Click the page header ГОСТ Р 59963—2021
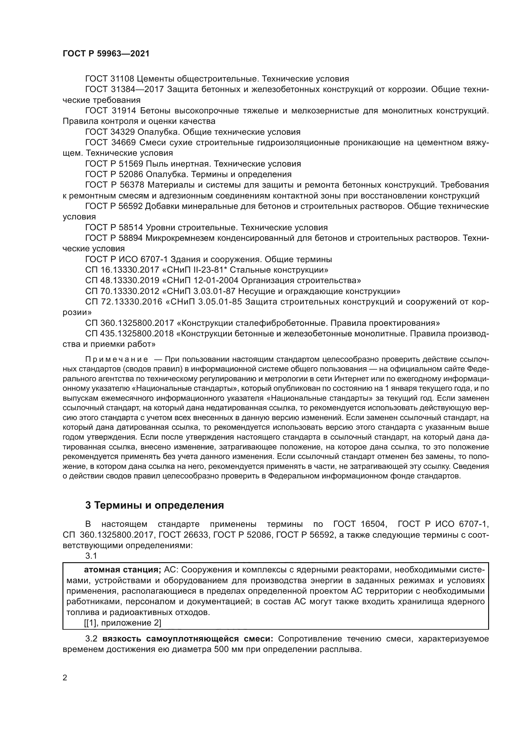(x=106, y=54)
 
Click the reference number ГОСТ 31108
(x=109, y=79)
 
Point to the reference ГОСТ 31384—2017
(x=124, y=90)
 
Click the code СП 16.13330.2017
(x=122, y=270)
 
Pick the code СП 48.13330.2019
(x=122, y=280)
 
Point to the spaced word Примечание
(x=117, y=360)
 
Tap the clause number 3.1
(x=91, y=556)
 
